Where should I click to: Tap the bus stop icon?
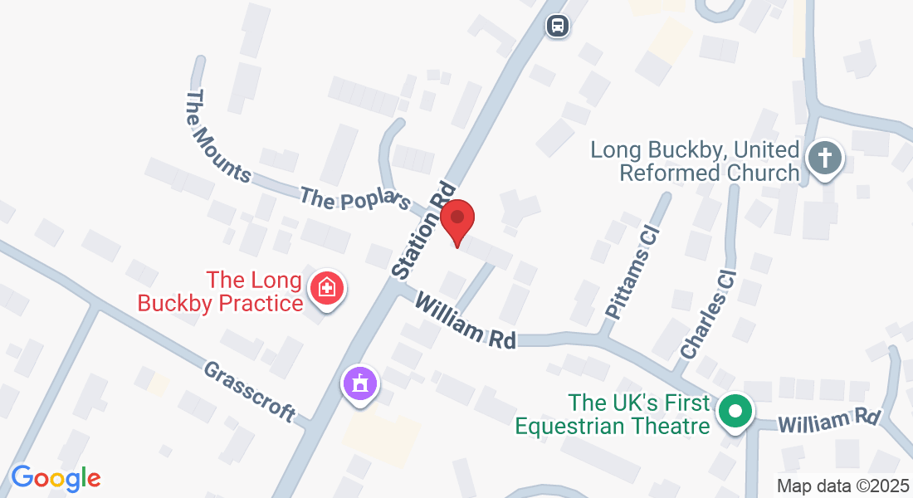(x=558, y=26)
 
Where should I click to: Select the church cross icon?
(x=825, y=158)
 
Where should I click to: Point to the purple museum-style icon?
(x=360, y=383)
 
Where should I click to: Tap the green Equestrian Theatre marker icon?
(x=735, y=411)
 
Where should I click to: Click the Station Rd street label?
(x=424, y=230)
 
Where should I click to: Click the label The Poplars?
(x=356, y=200)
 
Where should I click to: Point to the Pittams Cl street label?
(x=633, y=272)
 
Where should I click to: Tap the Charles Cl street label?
(x=709, y=313)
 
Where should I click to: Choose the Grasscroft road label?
(x=250, y=390)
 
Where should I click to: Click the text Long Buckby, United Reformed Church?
(x=696, y=162)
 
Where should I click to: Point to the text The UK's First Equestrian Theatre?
(x=614, y=414)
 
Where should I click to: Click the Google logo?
(x=56, y=478)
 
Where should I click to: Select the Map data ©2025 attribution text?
(x=842, y=486)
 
